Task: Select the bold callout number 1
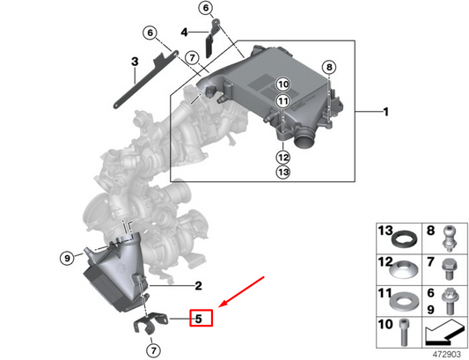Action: coord(385,112)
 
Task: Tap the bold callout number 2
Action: coord(199,285)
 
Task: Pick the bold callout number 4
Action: coord(185,33)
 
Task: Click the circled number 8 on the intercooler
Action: coord(329,67)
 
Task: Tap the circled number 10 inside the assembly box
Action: coord(282,84)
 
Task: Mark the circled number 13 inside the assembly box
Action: coord(282,173)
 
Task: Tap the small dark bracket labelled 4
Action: coord(213,40)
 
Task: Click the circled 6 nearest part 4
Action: coord(206,9)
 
